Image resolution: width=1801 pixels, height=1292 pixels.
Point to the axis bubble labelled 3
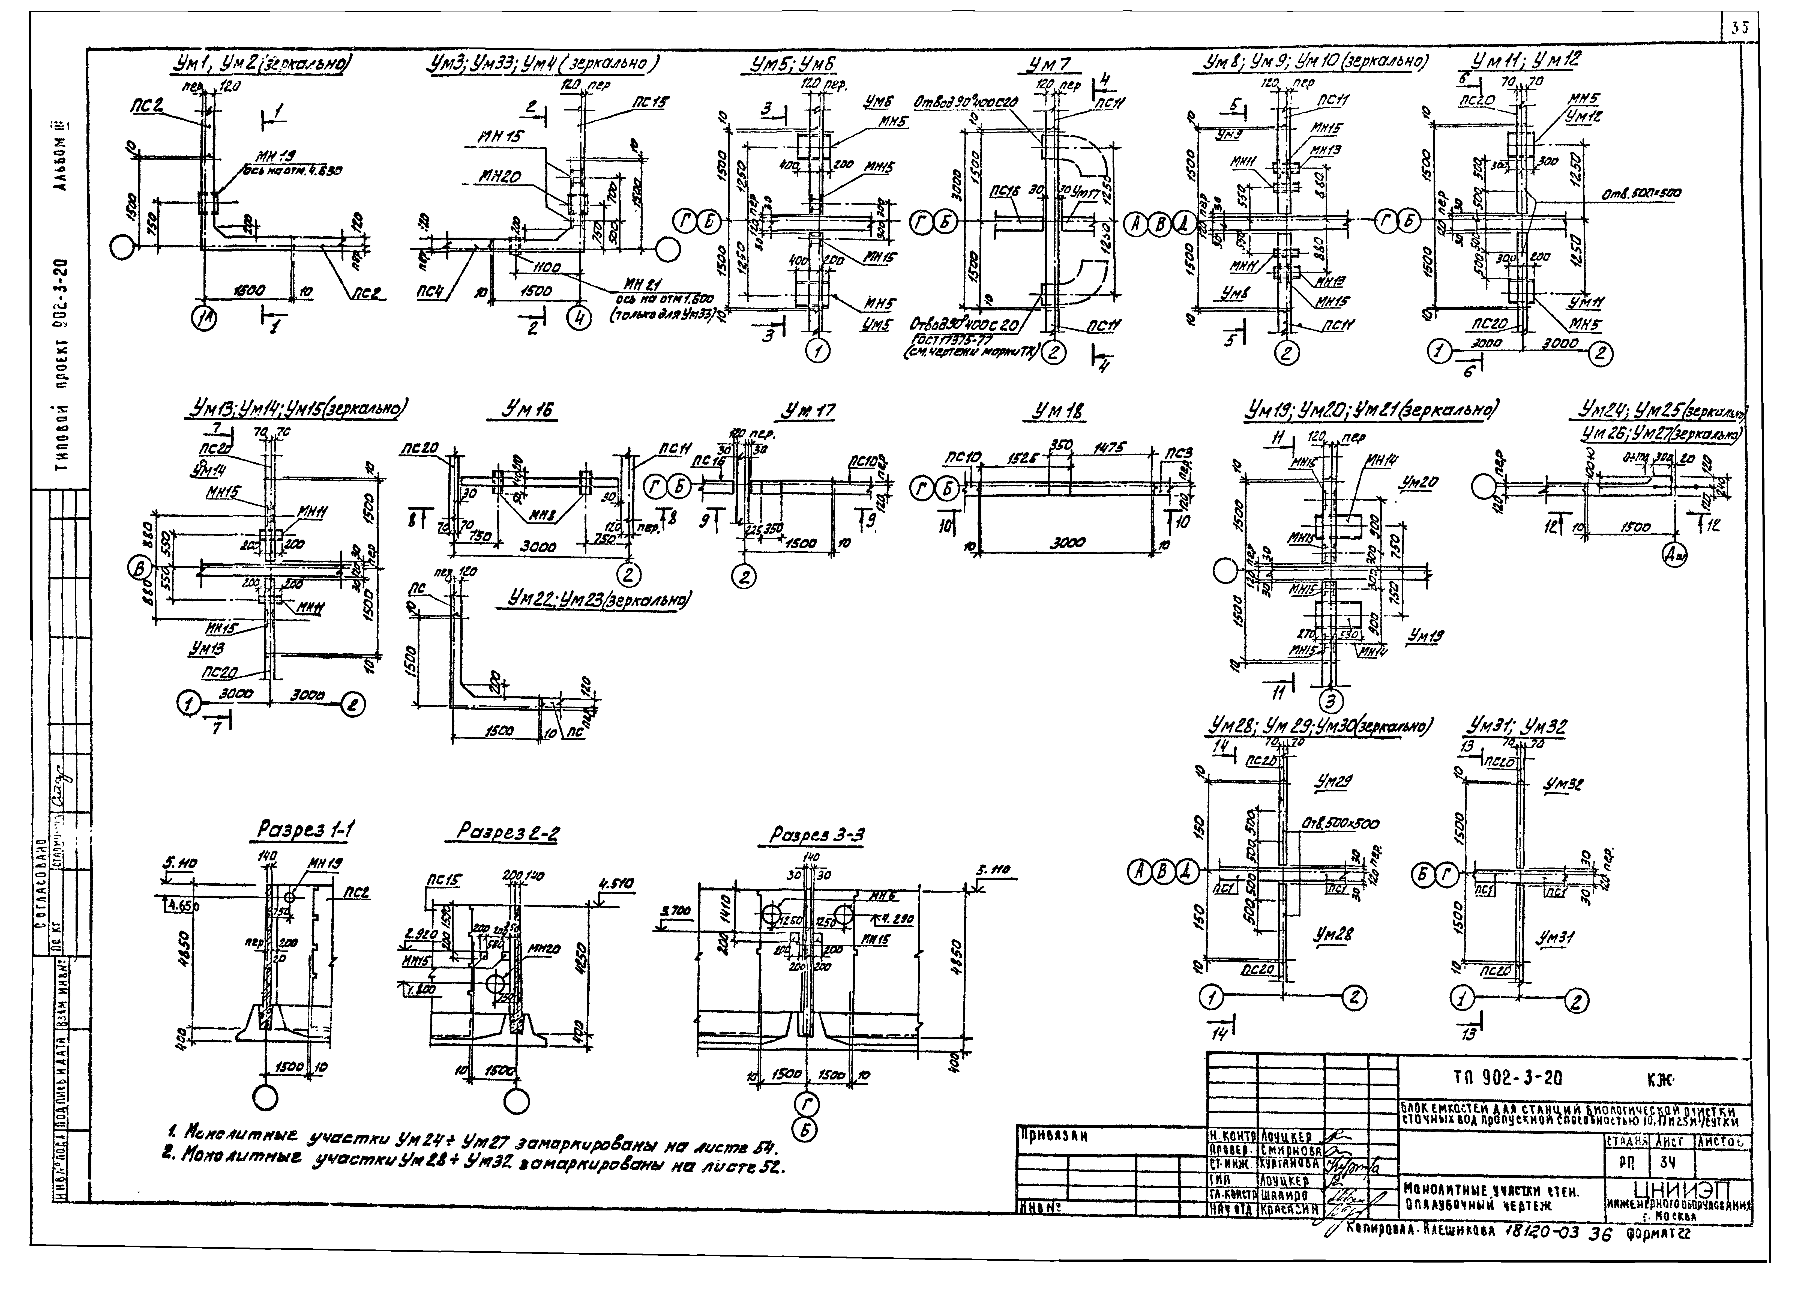(1331, 700)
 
